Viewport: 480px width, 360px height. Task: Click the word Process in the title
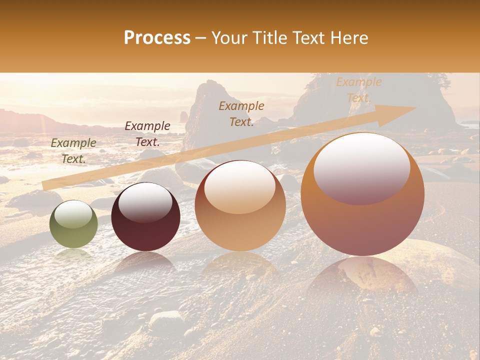[157, 38]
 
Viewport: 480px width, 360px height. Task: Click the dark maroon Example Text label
[147, 134]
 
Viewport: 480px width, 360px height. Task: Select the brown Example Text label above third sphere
[241, 114]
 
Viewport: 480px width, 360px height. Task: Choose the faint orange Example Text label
[358, 90]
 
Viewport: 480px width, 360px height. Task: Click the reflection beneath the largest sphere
[362, 275]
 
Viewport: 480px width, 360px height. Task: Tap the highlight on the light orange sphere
[240, 187]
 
